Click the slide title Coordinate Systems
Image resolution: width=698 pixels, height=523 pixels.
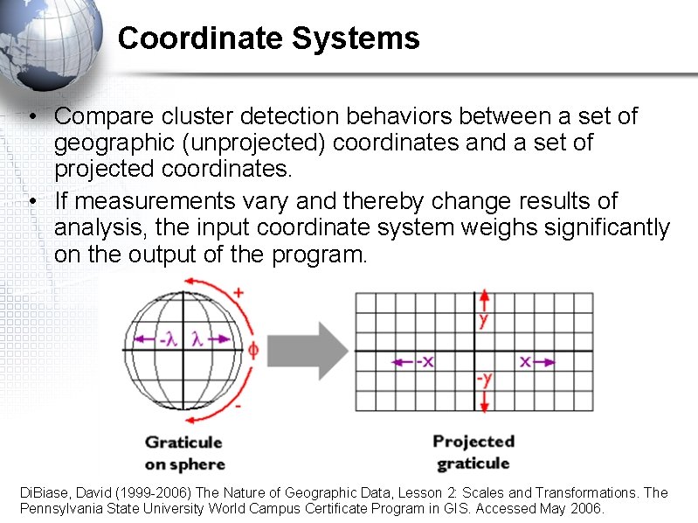268,38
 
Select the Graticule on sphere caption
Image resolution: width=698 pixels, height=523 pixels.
184,453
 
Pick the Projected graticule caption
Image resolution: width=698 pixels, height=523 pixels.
473,452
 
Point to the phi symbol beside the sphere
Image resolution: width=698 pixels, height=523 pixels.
254,350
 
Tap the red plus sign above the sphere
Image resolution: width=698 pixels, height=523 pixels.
238,292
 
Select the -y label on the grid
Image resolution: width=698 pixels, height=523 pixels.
482,380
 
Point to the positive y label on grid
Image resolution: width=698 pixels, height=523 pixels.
483,320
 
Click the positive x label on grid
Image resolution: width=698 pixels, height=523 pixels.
526,360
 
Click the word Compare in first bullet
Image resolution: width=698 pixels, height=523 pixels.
98,116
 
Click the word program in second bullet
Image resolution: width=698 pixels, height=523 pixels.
318,255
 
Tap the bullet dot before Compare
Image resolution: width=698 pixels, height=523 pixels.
31,117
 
